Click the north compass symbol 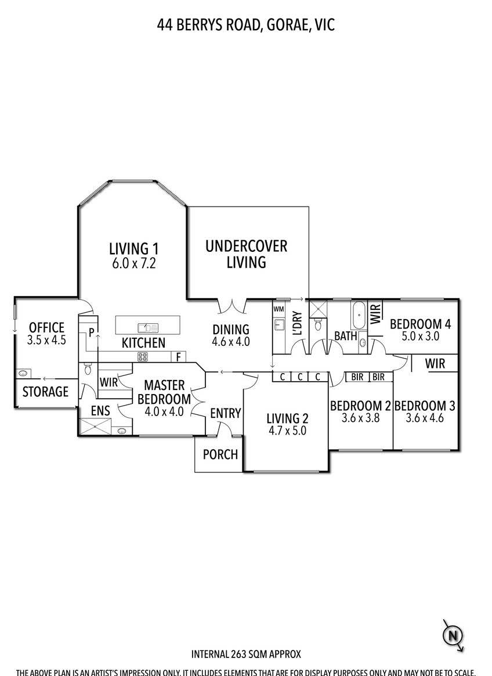453,635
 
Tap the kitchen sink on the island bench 148,328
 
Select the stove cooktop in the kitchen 143,356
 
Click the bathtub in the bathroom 359,316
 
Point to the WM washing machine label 278,309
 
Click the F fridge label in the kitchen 178,357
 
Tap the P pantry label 92,332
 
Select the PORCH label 220,454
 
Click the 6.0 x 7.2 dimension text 133,263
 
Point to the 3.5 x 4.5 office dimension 46,339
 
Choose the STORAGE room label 45,392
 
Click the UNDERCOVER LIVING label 246,254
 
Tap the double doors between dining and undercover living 232,306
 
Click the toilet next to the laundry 318,324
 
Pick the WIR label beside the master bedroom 108,382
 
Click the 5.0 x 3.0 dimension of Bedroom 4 421,336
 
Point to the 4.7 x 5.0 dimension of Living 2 287,430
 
